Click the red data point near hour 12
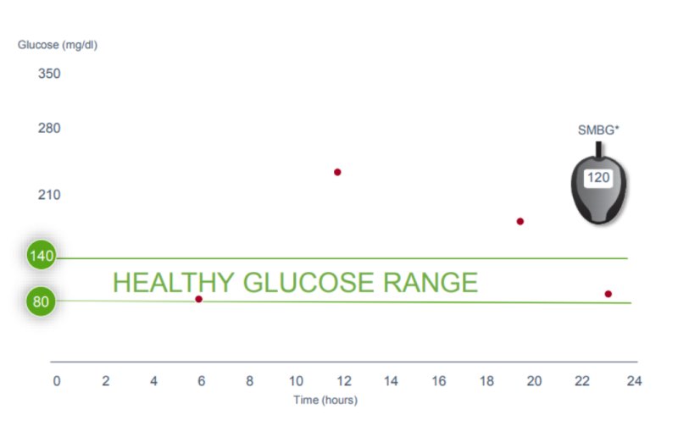pos(337,172)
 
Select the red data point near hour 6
pos(199,299)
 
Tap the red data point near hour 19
pos(520,221)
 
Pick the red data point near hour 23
pos(609,294)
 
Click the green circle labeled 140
pos(42,255)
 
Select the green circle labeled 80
pos(41,301)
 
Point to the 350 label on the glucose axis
pos(49,74)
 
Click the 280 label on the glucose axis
pos(49,128)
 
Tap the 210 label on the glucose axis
pos(49,195)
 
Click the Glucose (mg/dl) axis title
pos(58,45)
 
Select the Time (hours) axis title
pos(325,401)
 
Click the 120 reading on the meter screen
pos(598,178)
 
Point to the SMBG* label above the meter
pos(598,130)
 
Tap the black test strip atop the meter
pos(599,150)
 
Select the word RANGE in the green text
pos(431,283)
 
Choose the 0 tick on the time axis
pos(57,381)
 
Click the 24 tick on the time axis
pos(634,381)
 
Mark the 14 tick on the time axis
pos(391,381)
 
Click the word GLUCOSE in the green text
pos(308,283)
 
